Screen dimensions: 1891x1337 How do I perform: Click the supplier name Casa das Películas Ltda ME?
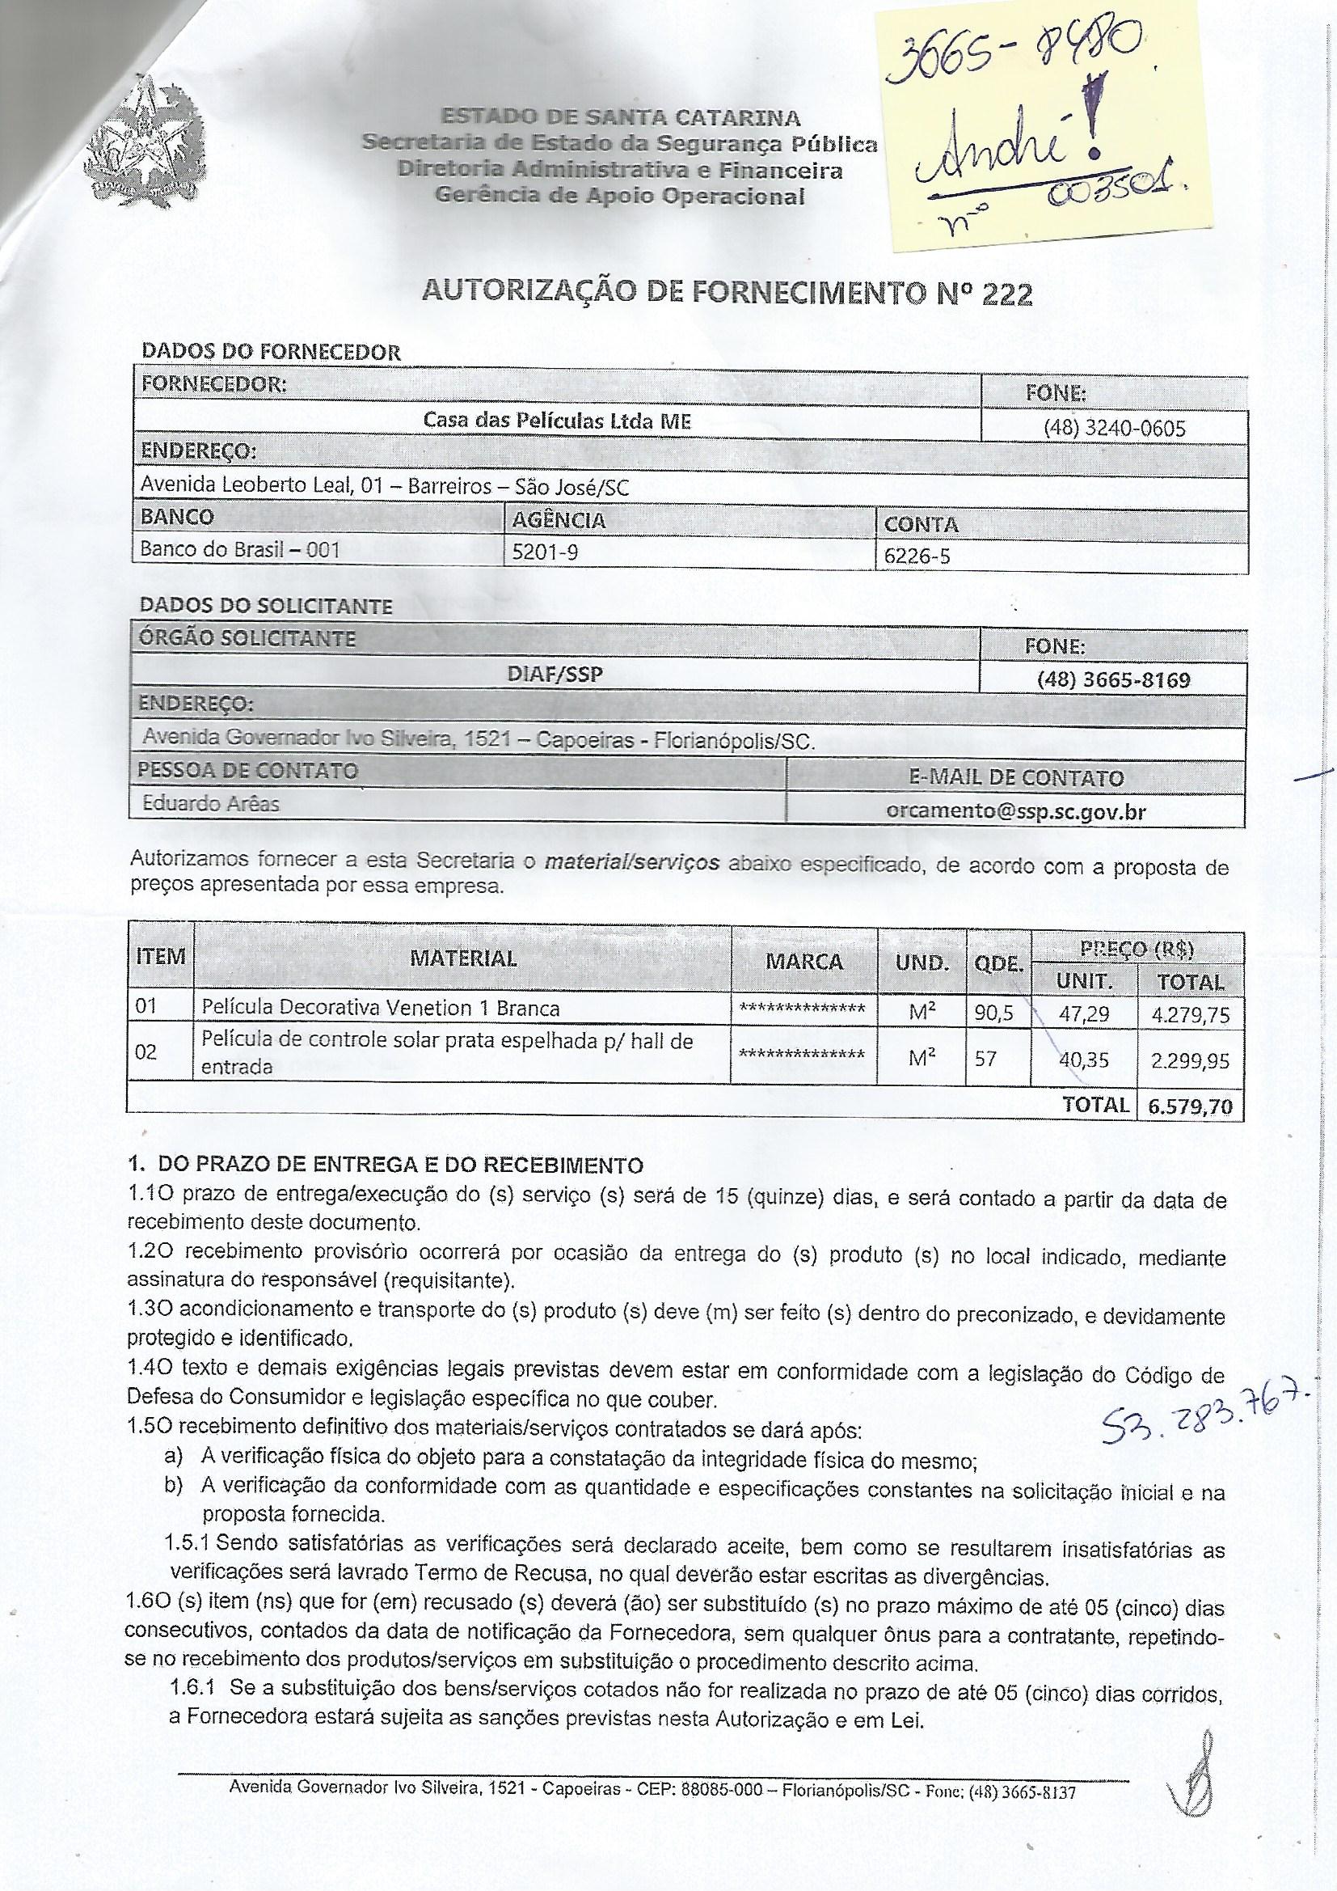point(556,421)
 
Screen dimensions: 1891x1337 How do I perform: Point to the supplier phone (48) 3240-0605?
point(1114,429)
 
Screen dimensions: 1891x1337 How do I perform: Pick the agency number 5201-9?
point(544,552)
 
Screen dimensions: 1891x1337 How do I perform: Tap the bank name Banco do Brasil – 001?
point(239,549)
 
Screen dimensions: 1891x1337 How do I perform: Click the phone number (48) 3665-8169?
point(1113,679)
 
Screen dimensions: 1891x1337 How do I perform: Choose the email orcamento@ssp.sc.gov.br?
point(1016,811)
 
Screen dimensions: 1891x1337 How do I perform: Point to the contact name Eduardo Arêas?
point(211,803)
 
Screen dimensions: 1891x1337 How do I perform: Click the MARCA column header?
point(803,962)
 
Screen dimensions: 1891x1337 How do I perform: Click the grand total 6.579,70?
point(1191,1106)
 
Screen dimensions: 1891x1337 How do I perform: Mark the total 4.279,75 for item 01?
point(1191,1014)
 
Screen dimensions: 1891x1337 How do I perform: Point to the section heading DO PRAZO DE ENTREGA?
point(399,1165)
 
